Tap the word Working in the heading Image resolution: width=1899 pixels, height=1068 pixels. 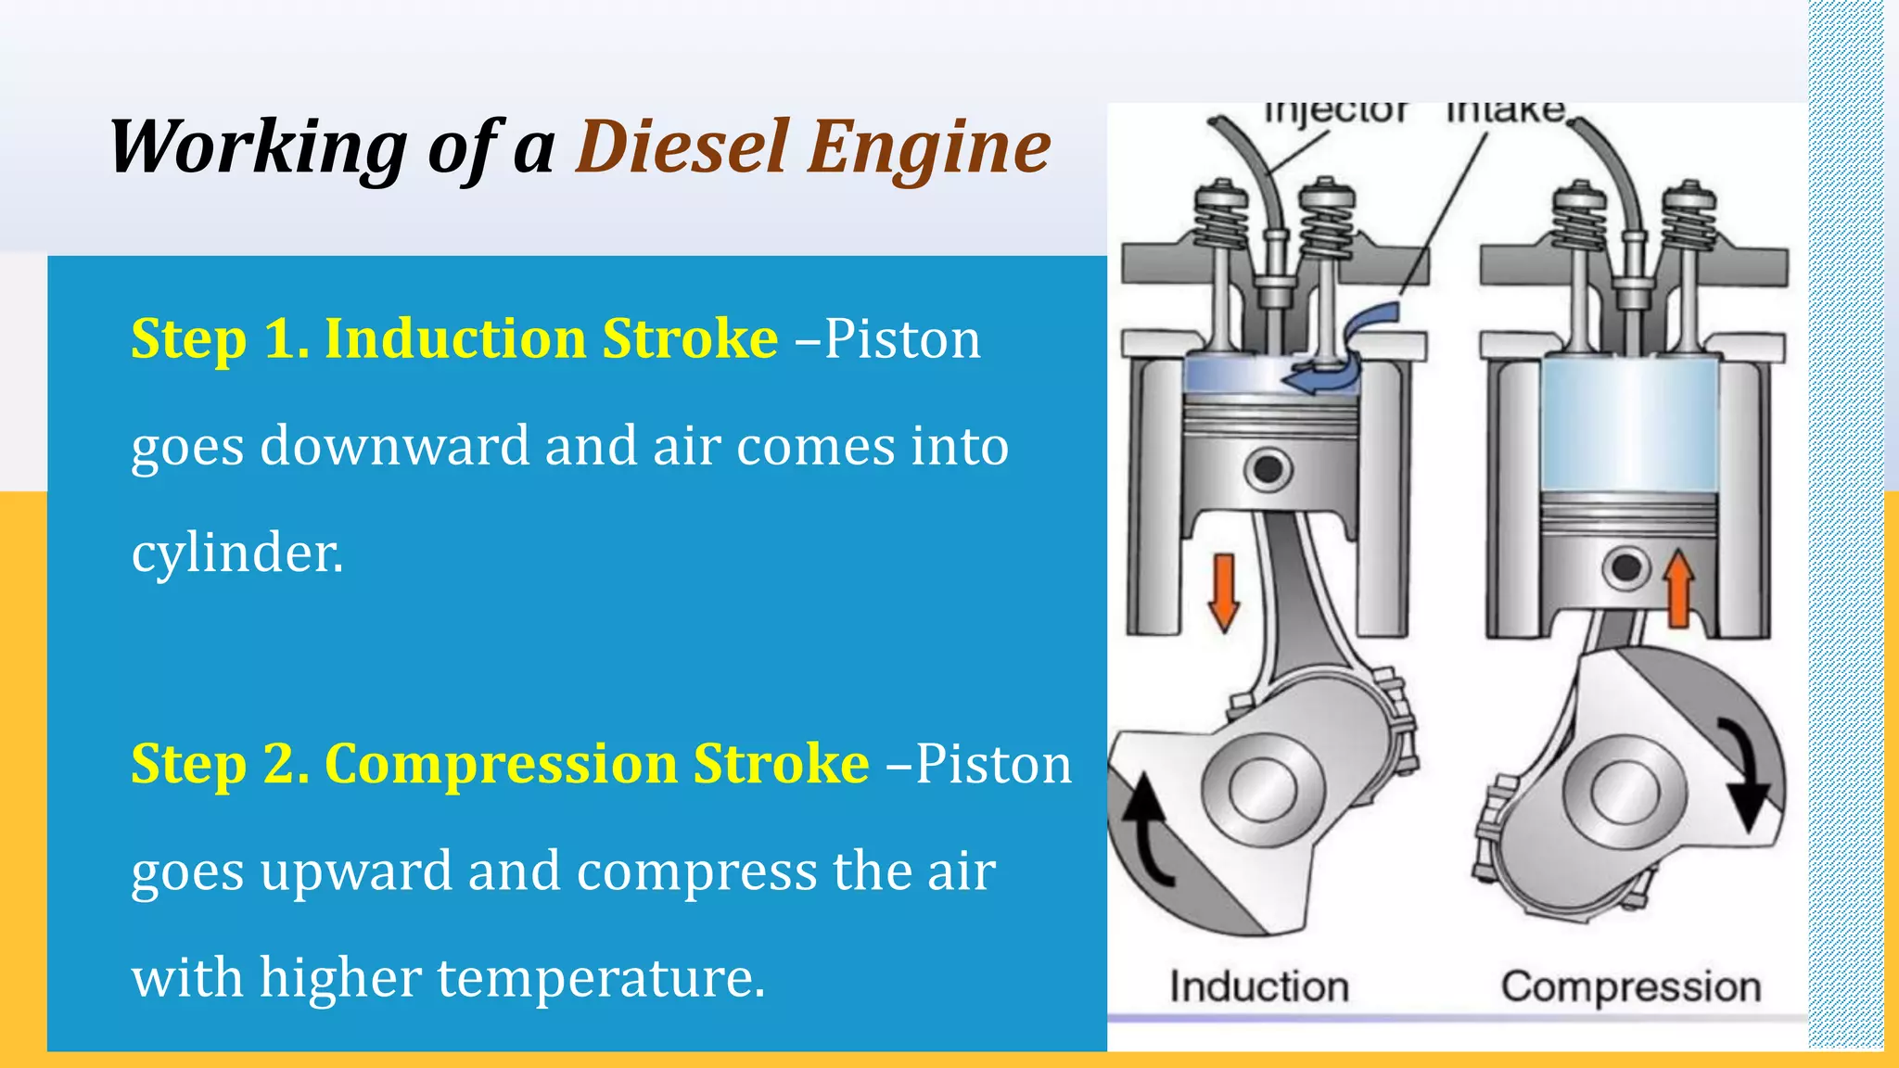pyautogui.click(x=258, y=148)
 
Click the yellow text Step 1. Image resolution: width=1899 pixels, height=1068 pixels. pyautogui.click(x=220, y=338)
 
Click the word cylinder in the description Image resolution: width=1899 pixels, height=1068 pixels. pyautogui.click(x=237, y=553)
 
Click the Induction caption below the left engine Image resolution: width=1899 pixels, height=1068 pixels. pyautogui.click(x=1258, y=986)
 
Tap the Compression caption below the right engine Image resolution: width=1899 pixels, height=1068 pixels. pyautogui.click(x=1630, y=986)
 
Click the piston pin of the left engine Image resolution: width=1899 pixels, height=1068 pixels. pyautogui.click(x=1268, y=470)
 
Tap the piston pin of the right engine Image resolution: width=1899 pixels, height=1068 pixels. pyautogui.click(x=1625, y=567)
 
